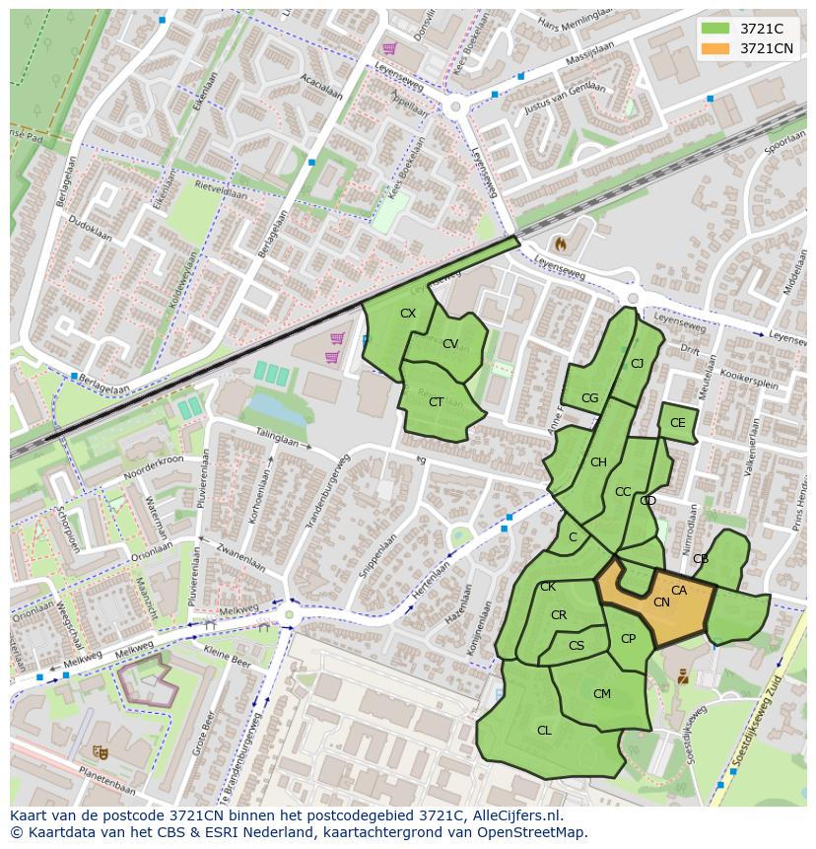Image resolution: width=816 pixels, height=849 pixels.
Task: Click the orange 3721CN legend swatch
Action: coord(716,48)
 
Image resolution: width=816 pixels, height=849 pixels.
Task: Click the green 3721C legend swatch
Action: coord(716,29)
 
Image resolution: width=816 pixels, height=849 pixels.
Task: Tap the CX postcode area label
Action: coord(408,314)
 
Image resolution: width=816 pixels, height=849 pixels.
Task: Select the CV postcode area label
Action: coord(450,344)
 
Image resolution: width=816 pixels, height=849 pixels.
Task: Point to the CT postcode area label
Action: coord(436,401)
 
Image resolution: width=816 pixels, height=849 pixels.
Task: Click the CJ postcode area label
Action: coord(637,364)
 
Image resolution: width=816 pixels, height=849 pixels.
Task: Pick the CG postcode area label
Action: coord(589,398)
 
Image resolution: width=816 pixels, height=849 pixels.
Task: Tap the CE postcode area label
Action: coord(677,423)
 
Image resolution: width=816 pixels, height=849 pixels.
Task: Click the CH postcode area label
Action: coord(598,462)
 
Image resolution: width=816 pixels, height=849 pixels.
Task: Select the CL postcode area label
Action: coord(544,731)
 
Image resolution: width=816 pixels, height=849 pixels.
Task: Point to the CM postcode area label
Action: coord(602,694)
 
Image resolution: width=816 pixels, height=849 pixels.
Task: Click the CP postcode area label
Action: coord(628,639)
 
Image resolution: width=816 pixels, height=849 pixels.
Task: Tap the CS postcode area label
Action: coord(577,646)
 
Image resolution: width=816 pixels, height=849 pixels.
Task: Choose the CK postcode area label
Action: coord(548,587)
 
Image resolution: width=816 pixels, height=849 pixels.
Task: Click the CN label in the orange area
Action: coord(661,602)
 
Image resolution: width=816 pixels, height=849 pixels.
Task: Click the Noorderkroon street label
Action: coord(155,465)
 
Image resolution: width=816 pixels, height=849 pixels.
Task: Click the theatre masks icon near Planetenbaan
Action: coord(100,751)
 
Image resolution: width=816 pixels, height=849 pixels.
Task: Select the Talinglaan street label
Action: coord(277,438)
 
